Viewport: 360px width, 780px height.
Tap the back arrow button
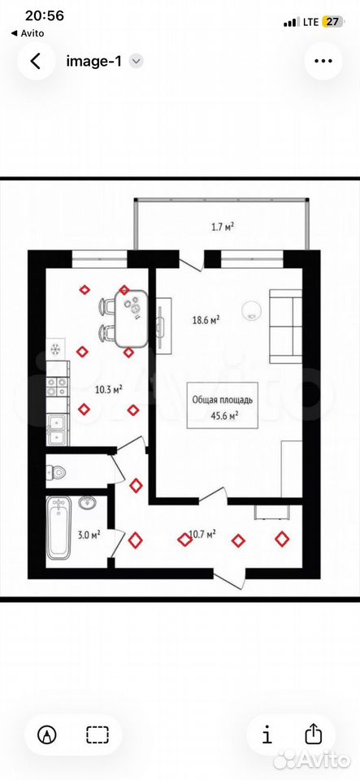[x=35, y=61]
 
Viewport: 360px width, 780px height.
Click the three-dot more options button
[x=323, y=61]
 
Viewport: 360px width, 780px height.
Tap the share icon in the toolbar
[x=312, y=734]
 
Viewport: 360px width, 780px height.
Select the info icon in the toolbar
[x=267, y=734]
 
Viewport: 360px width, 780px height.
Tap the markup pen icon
[x=47, y=734]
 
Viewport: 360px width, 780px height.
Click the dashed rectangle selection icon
[x=97, y=734]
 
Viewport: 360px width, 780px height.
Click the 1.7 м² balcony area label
[x=223, y=227]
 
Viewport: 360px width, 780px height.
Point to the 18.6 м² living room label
[x=206, y=320]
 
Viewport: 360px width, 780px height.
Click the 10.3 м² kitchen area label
[x=109, y=389]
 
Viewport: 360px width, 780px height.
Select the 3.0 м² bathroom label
[x=89, y=535]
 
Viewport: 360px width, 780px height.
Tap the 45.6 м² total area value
[x=223, y=417]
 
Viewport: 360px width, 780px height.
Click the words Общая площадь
[x=223, y=400]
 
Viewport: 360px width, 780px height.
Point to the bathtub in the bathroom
[x=59, y=526]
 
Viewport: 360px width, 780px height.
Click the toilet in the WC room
[x=56, y=470]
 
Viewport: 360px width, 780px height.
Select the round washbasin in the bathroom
[x=87, y=503]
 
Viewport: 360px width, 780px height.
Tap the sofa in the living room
[x=286, y=327]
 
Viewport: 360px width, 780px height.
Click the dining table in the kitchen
[x=132, y=318]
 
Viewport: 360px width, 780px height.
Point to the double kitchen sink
[x=55, y=431]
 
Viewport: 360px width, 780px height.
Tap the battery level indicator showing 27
[x=332, y=23]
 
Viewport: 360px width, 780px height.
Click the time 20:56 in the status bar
[x=45, y=16]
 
